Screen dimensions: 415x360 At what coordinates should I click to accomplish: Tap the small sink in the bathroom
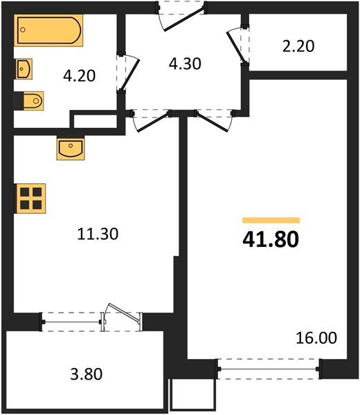(25, 69)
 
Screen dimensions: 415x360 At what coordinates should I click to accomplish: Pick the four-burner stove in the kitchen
(30, 198)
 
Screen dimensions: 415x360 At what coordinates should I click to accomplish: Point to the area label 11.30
(98, 234)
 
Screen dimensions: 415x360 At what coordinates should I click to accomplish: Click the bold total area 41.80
(271, 239)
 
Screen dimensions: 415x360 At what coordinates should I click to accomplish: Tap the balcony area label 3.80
(87, 375)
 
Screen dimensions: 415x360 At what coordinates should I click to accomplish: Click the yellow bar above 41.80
(271, 220)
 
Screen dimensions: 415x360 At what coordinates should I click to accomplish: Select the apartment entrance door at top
(181, 14)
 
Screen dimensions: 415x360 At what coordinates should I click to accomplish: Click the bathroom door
(127, 73)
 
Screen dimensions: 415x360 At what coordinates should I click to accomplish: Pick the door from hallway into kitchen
(149, 119)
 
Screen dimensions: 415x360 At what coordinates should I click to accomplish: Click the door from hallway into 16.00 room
(213, 119)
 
